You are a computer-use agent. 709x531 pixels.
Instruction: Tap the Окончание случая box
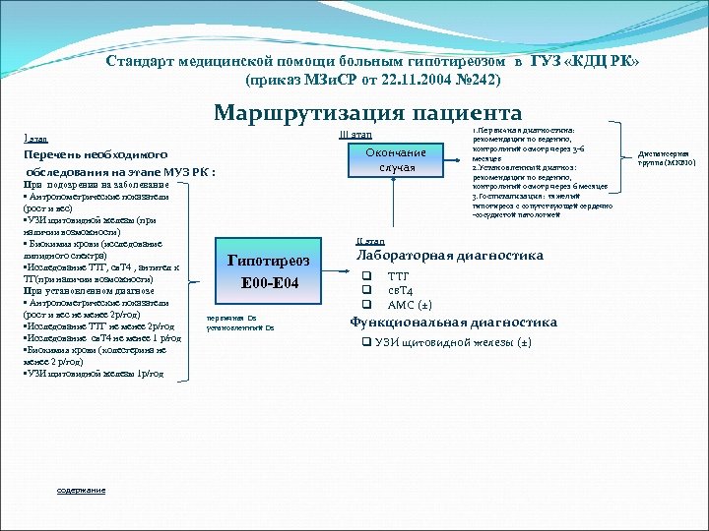[x=396, y=159]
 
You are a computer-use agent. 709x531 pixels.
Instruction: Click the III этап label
[x=355, y=134]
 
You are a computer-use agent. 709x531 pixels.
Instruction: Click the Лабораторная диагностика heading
[x=449, y=256]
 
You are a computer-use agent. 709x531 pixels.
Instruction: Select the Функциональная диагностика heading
[x=453, y=322]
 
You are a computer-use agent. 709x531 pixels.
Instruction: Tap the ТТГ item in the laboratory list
[x=398, y=276]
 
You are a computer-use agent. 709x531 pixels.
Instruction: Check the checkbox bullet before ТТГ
[x=365, y=276]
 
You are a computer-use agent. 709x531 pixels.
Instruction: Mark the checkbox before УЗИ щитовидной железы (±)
[x=365, y=342]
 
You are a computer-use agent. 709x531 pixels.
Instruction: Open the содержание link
[x=81, y=490]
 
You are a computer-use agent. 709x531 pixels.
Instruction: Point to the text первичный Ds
[x=231, y=318]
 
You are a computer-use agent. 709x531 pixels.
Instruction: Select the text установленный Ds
[x=241, y=327]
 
